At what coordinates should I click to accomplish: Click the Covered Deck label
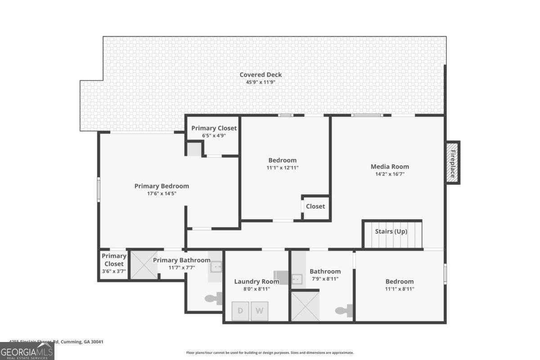click(x=261, y=75)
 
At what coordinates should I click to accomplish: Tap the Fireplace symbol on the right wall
click(x=452, y=162)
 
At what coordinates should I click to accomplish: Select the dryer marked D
click(x=240, y=311)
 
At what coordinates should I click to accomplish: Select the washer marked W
click(x=259, y=311)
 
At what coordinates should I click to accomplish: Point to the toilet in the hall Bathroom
click(x=344, y=310)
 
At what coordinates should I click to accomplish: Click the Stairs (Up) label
click(x=391, y=231)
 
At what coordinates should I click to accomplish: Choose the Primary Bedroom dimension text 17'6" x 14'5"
click(x=162, y=193)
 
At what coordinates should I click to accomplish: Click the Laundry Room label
click(x=256, y=282)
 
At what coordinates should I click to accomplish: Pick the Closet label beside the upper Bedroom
click(x=315, y=207)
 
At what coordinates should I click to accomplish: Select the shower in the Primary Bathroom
click(x=144, y=265)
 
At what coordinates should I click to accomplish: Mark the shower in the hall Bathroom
click(x=305, y=306)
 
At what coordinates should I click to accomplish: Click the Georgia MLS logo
click(x=27, y=351)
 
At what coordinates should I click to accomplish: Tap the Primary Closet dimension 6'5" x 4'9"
click(x=214, y=135)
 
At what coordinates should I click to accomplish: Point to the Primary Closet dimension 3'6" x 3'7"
click(x=114, y=271)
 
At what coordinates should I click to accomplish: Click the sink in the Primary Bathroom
click(x=216, y=267)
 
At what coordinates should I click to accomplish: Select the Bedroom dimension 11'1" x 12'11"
click(x=283, y=167)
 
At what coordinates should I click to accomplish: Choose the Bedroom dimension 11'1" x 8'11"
click(x=399, y=289)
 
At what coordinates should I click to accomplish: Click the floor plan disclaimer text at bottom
click(x=270, y=353)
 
